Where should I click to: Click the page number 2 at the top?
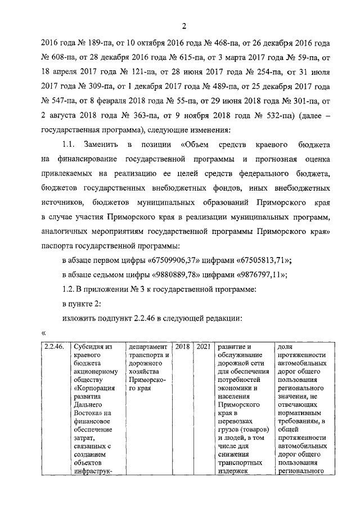pos(183,25)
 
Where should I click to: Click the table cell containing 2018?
pos(182,347)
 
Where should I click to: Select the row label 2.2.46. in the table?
pos(54,347)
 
